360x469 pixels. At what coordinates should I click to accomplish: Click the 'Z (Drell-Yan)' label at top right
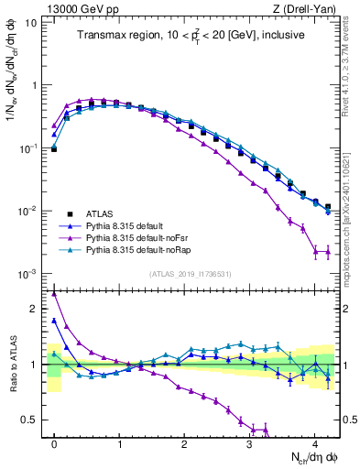click(x=306, y=8)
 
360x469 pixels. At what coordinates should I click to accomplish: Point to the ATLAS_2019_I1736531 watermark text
click(x=191, y=273)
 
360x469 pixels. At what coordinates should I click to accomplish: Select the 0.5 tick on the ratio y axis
click(x=33, y=420)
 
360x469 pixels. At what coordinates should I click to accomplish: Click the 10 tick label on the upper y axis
click(x=31, y=22)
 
